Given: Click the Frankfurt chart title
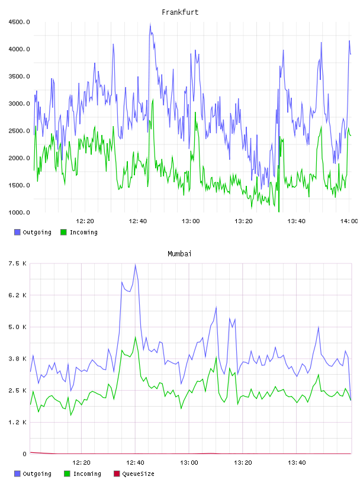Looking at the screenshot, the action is pos(180,12).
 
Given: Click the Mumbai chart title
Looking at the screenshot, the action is pos(179,254).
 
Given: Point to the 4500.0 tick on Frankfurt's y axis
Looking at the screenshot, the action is pos(19,22).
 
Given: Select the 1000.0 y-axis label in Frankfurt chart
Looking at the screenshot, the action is pos(19,212).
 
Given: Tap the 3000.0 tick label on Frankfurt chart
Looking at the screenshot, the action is pos(19,104).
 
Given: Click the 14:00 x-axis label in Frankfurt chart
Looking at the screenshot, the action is pos(349,221).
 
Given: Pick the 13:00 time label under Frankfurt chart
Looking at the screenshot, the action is pos(191,221).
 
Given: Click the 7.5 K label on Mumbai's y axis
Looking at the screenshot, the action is pos(18,263).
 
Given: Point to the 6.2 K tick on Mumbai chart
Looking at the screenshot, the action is pos(18,295).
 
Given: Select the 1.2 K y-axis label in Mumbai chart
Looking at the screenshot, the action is pos(18,422).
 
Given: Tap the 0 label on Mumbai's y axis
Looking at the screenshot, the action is pos(25,454).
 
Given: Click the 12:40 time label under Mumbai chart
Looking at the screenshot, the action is pos(135,463).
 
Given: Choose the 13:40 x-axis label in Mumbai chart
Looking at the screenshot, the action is pos(297,463).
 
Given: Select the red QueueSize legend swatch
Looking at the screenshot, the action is pos(117,474).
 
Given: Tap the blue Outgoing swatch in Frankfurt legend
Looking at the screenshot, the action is pos(17,232).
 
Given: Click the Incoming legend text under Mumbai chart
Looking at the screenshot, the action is pos(87,474).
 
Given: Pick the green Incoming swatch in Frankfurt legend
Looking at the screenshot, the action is pos(63,232).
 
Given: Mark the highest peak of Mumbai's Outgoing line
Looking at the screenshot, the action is pos(136,265).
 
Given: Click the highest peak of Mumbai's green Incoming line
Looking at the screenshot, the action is pos(136,337).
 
